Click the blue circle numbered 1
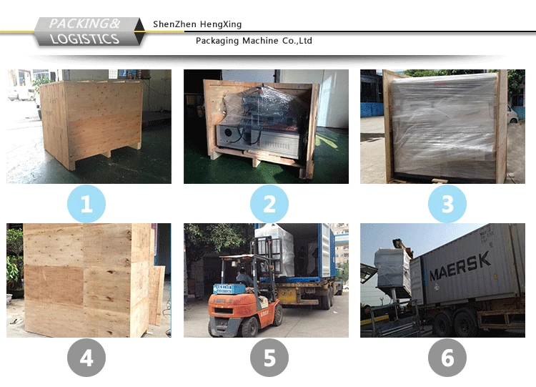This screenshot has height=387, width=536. (86, 204)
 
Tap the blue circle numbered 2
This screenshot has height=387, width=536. (269, 204)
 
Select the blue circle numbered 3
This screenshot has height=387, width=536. (447, 204)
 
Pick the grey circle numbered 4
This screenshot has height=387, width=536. (86, 358)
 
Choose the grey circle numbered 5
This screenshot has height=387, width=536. (269, 358)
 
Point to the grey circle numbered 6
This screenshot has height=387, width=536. (447, 358)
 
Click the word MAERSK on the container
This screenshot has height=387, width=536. (460, 266)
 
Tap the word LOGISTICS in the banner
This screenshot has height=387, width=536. (84, 39)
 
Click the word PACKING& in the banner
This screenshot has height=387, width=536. (84, 24)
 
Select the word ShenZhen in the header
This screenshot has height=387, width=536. (174, 24)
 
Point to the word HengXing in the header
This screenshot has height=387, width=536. (221, 24)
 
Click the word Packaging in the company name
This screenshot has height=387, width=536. (217, 41)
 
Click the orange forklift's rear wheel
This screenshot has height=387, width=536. (249, 327)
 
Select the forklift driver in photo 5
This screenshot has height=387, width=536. (244, 277)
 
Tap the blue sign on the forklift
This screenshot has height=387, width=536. (226, 288)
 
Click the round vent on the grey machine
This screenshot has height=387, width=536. (227, 132)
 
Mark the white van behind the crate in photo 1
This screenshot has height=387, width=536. (21, 94)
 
